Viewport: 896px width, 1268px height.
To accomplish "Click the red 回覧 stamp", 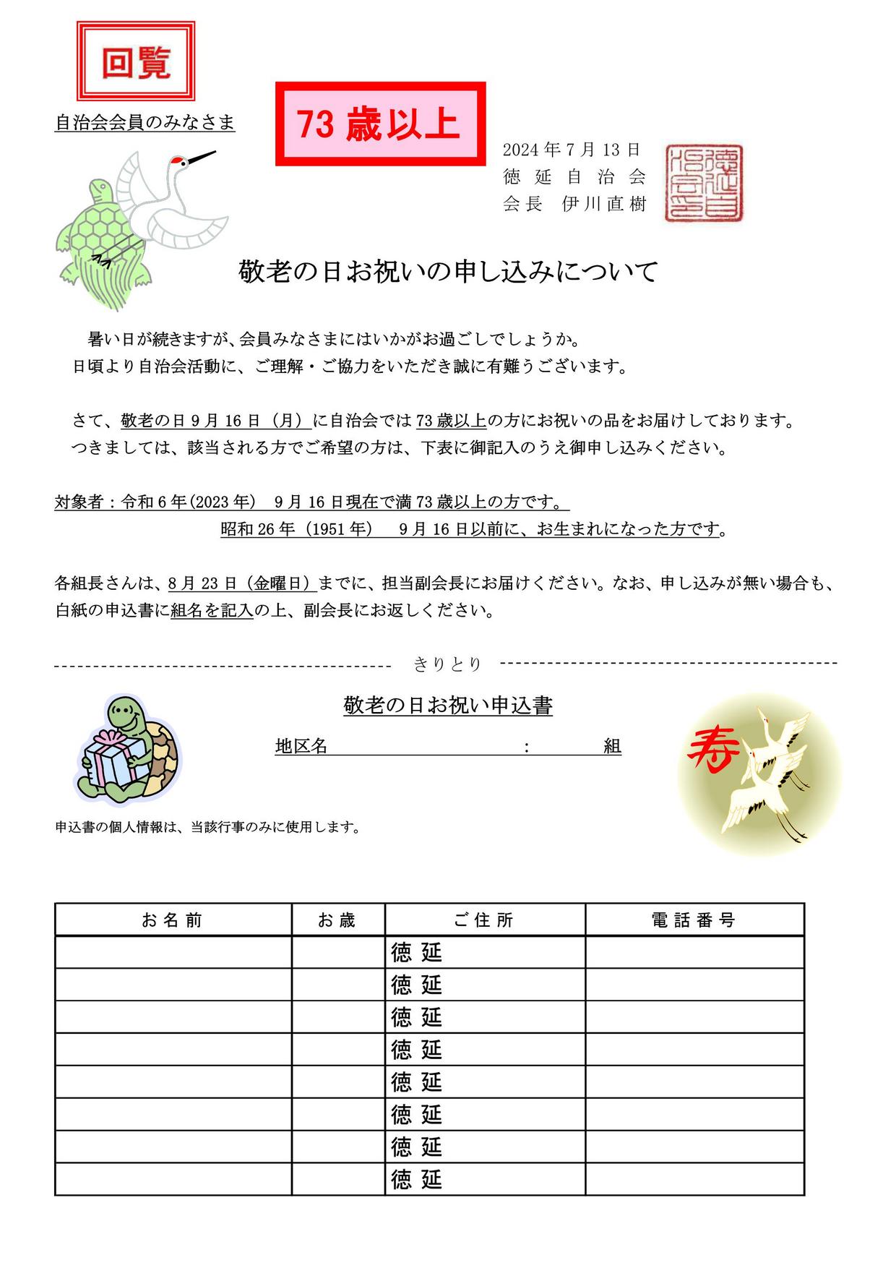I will coord(136,61).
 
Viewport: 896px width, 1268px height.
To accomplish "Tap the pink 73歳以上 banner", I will coord(379,124).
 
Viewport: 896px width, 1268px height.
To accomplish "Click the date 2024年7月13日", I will coord(572,150).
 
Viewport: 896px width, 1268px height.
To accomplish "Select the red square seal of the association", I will coord(705,183).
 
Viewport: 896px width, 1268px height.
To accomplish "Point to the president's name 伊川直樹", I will coord(603,204).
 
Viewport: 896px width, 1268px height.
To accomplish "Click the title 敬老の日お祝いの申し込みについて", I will coord(448,272).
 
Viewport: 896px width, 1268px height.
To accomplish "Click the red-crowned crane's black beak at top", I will coord(202,158).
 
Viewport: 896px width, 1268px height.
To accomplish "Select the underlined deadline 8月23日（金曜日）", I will coord(241,583).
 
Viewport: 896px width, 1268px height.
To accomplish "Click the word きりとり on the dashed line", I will coord(447,664).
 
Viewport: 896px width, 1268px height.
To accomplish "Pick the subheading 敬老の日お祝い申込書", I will coord(448,706).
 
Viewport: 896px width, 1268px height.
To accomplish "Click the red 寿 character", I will coord(712,750).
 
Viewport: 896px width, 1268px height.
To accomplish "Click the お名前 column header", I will coord(173,920).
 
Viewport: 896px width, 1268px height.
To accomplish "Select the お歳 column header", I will coord(337,920).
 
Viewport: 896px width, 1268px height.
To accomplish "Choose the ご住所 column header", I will coord(484,920).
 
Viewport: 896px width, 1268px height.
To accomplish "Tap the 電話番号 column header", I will coord(694,920).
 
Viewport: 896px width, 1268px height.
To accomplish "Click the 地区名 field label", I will coord(301,746).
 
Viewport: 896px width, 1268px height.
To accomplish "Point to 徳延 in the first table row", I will coord(416,952).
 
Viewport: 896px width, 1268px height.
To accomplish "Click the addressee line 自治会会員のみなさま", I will coord(145,123).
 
